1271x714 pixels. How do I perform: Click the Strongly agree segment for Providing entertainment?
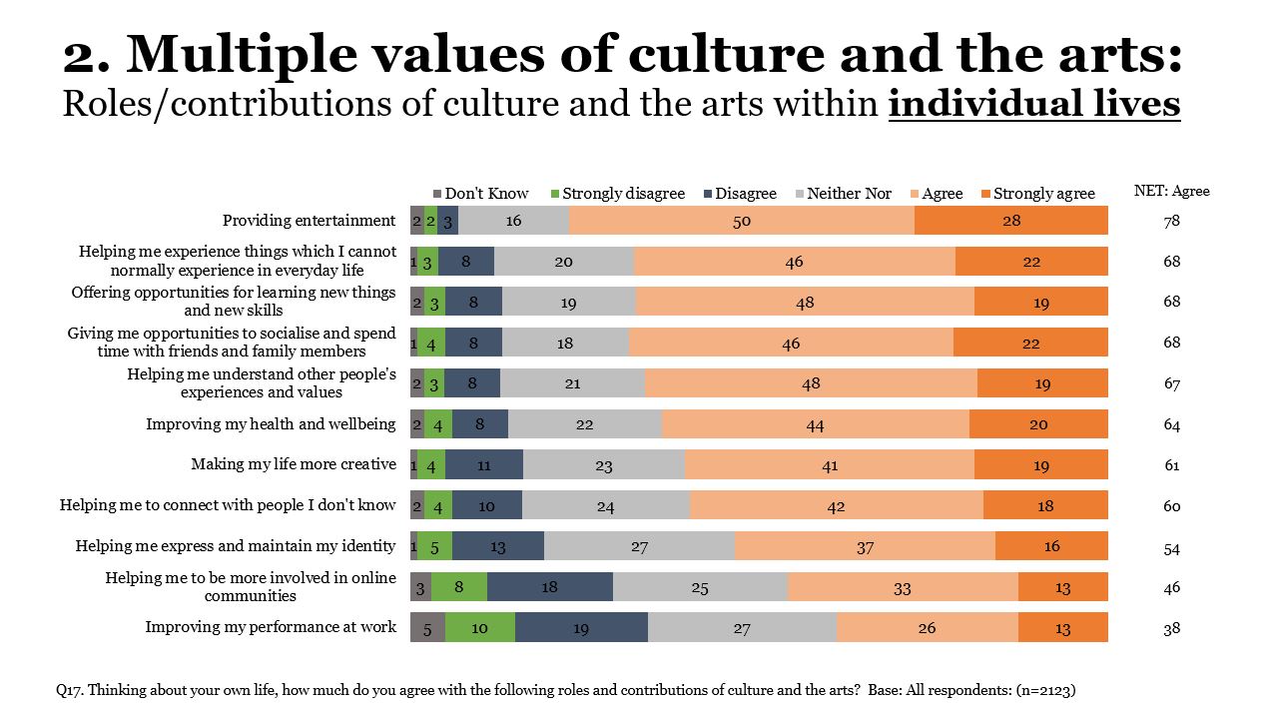click(1010, 221)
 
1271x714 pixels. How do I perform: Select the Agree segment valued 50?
click(741, 221)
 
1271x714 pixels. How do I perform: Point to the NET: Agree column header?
click(1171, 191)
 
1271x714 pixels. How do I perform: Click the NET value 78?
click(1171, 222)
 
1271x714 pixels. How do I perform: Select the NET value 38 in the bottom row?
click(1171, 629)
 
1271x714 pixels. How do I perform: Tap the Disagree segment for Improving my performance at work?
click(581, 627)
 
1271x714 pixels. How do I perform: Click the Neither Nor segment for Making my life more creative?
click(603, 464)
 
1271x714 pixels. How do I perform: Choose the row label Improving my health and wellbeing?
click(271, 424)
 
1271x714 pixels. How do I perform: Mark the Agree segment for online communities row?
click(902, 587)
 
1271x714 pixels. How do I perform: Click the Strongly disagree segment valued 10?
click(479, 627)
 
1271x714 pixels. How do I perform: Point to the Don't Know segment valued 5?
click(427, 627)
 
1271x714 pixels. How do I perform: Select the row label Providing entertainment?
click(309, 221)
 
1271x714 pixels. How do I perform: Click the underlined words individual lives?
click(1033, 104)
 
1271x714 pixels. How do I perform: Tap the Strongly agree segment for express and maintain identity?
click(1050, 546)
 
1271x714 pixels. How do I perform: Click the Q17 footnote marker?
click(69, 690)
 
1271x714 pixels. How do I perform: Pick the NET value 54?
click(1171, 548)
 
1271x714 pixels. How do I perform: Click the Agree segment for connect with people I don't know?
click(836, 505)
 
